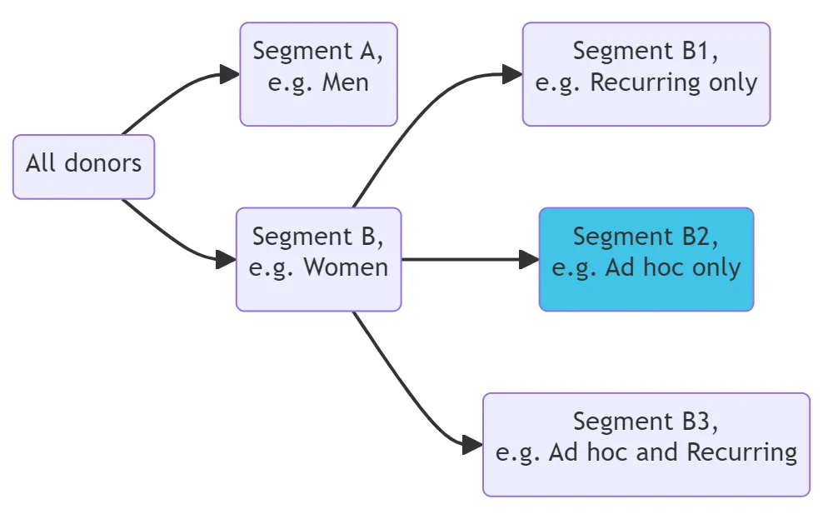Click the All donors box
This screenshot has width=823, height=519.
coord(83,167)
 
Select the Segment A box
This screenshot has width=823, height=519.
coord(318,74)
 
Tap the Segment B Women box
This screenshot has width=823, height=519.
coord(318,259)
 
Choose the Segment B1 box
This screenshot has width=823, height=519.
coord(646,74)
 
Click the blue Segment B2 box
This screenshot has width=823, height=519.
coord(646,259)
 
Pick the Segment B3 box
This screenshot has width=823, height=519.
coord(646,444)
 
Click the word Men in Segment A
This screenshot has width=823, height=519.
coord(346,82)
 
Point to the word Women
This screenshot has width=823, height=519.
coord(346,267)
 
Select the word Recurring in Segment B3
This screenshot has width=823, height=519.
coord(741,452)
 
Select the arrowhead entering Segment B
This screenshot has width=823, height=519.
coord(227,259)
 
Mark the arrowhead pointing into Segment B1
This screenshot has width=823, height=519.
coord(513,75)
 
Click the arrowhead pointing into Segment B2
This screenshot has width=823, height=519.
coord(530,259)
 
